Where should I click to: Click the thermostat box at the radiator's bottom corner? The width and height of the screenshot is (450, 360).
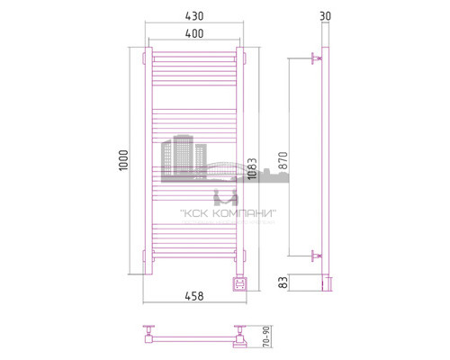coord(239,283)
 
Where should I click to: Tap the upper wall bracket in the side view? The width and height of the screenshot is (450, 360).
coord(315,59)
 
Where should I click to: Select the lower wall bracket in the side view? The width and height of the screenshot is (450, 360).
coord(315,256)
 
